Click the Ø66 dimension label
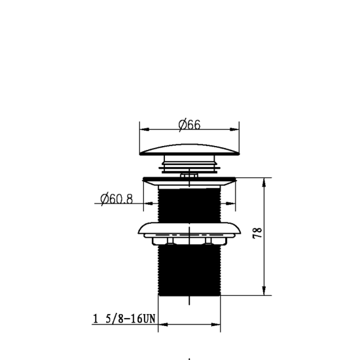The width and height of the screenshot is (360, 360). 189,125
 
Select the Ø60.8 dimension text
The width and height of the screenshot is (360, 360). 117,199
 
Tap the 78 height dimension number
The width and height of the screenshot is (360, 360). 257,233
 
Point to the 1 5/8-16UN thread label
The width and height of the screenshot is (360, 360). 124,319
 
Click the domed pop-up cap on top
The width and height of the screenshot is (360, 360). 189,150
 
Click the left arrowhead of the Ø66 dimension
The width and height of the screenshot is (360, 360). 145,130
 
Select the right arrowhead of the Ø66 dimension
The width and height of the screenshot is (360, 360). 234,130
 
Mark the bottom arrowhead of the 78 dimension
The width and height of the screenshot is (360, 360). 264,291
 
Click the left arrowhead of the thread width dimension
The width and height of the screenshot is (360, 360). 163,325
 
